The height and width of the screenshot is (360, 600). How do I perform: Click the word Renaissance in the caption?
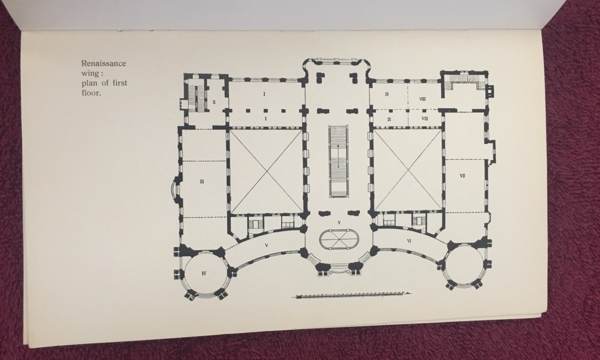tap(103, 63)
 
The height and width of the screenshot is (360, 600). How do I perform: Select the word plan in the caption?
tap(89, 83)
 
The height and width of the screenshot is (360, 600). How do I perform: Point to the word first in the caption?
tap(120, 83)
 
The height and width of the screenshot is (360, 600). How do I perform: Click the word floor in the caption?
tap(90, 93)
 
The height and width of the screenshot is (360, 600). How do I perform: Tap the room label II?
tap(214, 102)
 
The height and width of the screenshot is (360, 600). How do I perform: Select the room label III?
tap(202, 182)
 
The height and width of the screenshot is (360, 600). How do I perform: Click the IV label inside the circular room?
tap(204, 273)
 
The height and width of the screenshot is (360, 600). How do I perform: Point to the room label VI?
tap(409, 241)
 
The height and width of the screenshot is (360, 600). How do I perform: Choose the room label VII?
tap(462, 176)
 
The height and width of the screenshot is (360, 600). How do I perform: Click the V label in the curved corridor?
tap(266, 245)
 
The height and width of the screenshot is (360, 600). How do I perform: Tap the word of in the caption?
tap(105, 83)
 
